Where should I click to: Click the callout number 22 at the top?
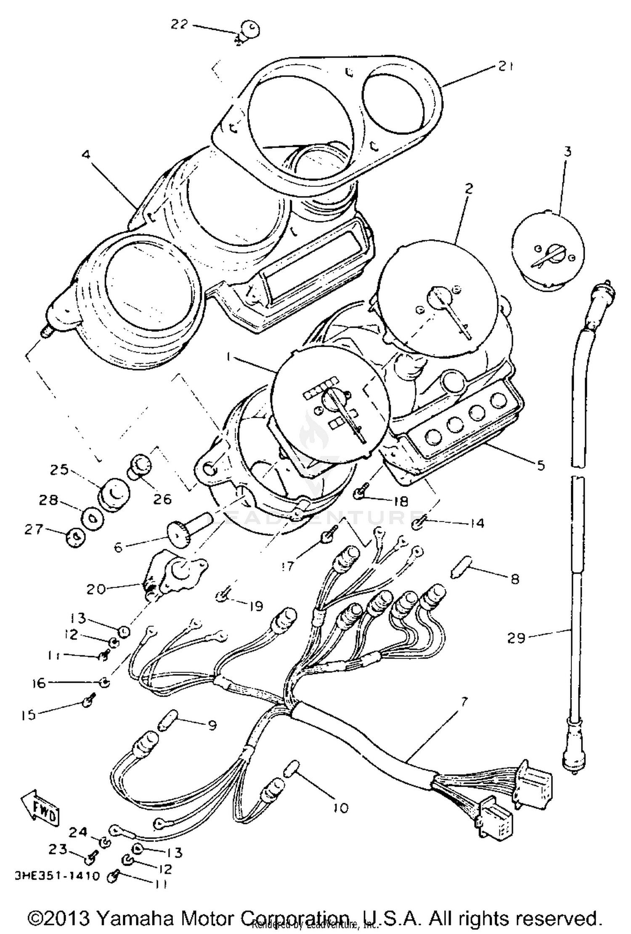[179, 25]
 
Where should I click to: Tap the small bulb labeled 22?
[251, 30]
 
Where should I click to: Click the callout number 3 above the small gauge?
[567, 151]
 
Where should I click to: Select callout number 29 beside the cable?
[517, 639]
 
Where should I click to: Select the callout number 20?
[96, 589]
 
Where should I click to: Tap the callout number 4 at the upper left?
[86, 154]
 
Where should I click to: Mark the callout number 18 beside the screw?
[401, 501]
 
